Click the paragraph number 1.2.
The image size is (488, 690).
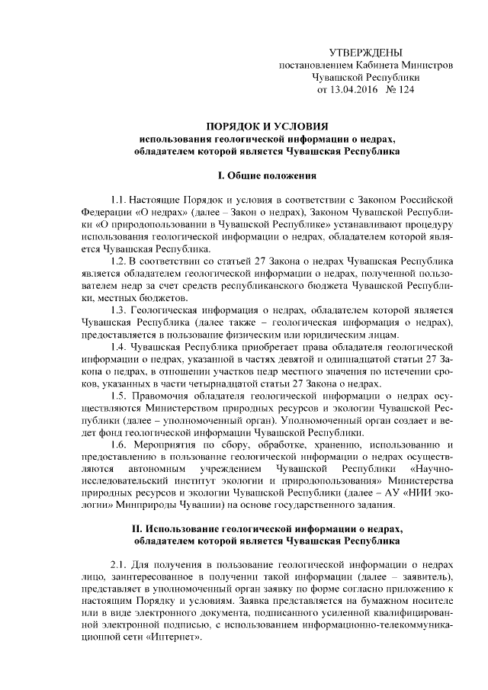coord(117,261)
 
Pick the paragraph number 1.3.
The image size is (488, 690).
coord(117,310)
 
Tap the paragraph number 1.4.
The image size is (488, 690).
coord(117,347)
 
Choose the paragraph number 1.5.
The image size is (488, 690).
coord(117,396)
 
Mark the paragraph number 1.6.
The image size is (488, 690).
coord(117,444)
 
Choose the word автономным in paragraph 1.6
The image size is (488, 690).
coord(165,469)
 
